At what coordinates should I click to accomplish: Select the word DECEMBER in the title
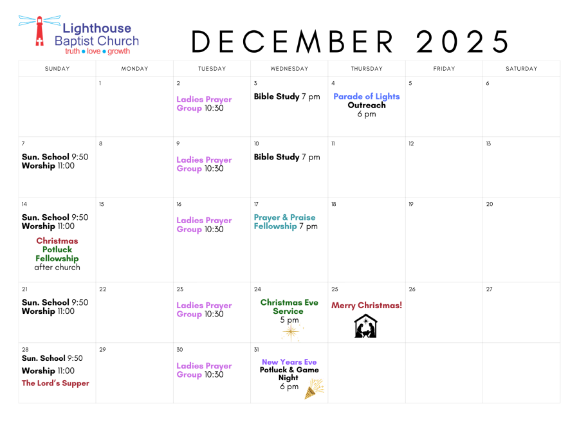click(x=293, y=42)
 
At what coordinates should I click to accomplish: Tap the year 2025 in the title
click(x=462, y=42)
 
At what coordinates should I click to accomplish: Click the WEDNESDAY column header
click(x=289, y=69)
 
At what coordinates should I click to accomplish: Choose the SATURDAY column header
click(x=521, y=69)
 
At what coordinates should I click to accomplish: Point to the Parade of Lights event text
click(x=366, y=96)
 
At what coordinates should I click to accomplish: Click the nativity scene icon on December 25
click(x=366, y=325)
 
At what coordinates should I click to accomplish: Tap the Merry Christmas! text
click(x=366, y=306)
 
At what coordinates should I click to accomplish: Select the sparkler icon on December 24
click(x=292, y=332)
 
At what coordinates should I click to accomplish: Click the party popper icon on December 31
click(x=315, y=388)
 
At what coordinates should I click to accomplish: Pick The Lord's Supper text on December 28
click(x=55, y=383)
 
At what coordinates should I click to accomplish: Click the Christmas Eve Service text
click(x=289, y=307)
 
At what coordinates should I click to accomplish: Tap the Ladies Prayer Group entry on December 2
click(x=203, y=104)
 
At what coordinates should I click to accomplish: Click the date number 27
click(x=490, y=289)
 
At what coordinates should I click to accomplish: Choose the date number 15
click(x=102, y=205)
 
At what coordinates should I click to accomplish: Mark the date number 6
click(x=488, y=83)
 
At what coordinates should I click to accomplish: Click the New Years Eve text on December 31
click(x=289, y=362)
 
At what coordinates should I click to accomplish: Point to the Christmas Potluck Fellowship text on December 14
click(x=57, y=250)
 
